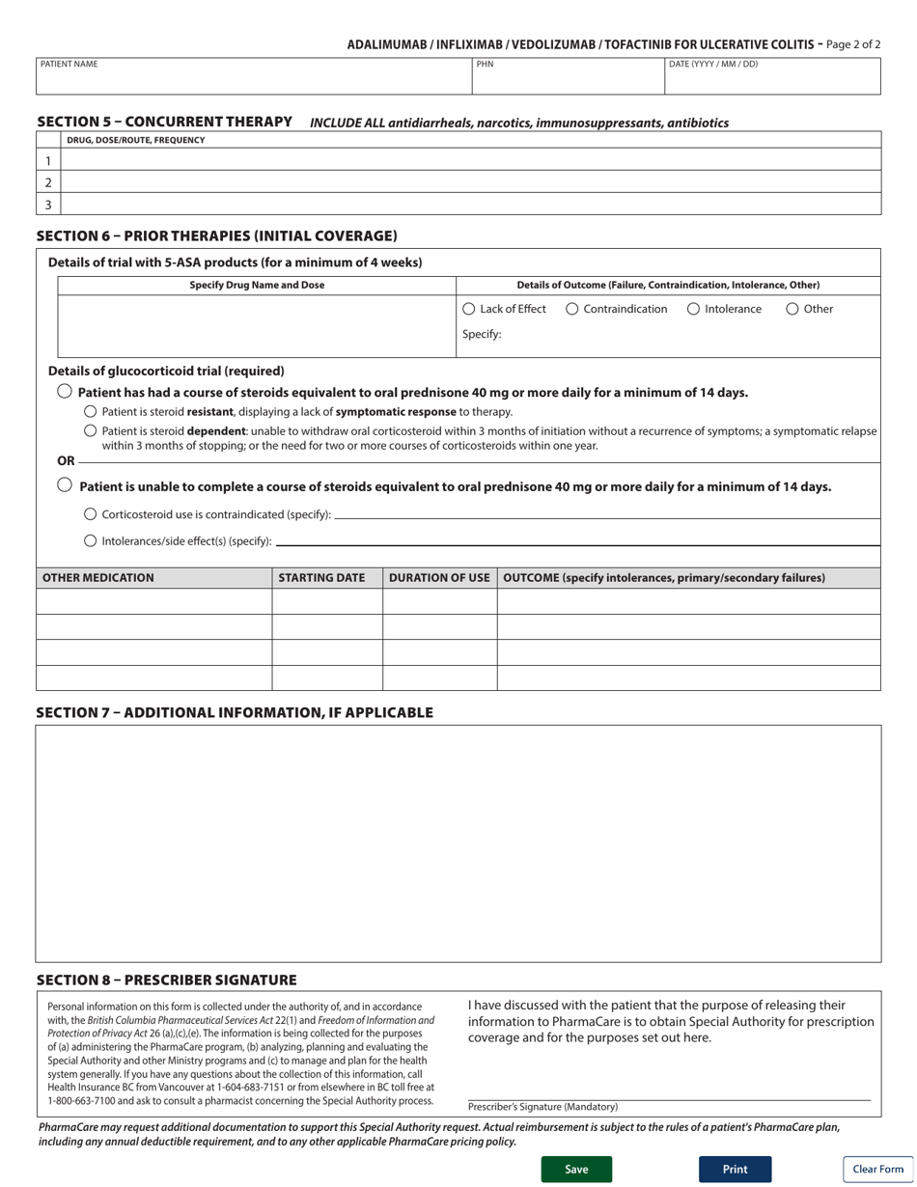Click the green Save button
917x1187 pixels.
click(576, 1169)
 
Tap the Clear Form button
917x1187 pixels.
click(877, 1169)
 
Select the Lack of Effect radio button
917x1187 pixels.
click(469, 309)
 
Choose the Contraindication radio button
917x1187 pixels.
click(572, 309)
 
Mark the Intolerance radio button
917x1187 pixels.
click(694, 309)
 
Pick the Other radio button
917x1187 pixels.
click(792, 309)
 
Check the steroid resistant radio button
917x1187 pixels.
click(91, 411)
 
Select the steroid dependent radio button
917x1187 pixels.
click(91, 430)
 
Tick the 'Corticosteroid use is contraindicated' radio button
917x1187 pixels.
click(91, 514)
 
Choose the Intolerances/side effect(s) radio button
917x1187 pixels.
click(91, 540)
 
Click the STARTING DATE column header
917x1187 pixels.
click(321, 578)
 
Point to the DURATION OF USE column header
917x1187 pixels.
click(439, 578)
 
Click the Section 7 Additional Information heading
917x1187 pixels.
click(235, 712)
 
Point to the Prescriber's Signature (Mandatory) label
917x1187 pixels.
click(542, 1107)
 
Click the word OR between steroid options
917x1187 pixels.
click(66, 460)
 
